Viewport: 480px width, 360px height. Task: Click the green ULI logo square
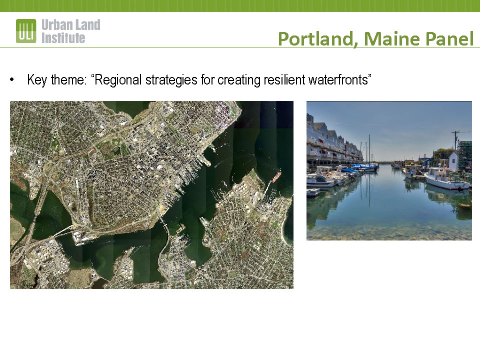[26, 31]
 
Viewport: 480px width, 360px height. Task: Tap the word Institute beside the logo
[63, 38]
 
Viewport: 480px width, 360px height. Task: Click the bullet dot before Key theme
[11, 80]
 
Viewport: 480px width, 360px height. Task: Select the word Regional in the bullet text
[118, 79]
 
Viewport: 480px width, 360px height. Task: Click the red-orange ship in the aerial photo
[276, 176]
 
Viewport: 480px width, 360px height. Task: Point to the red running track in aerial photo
[92, 152]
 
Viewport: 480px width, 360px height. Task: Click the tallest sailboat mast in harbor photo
[369, 149]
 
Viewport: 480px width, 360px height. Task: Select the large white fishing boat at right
[446, 179]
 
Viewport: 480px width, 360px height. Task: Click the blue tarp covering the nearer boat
[350, 170]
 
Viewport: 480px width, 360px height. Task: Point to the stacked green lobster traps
[465, 155]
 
